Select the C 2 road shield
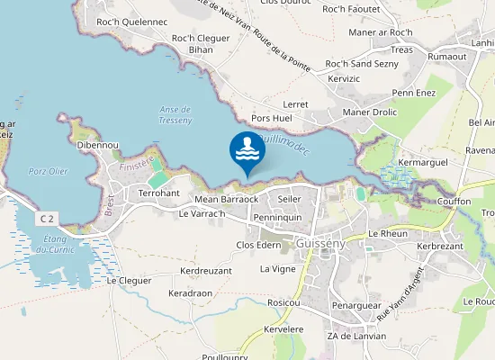pyautogui.click(x=48, y=219)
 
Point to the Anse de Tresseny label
pyautogui.click(x=175, y=114)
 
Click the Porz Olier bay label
pyautogui.click(x=48, y=171)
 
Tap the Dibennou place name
pyautogui.click(x=97, y=144)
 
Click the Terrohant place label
pyautogui.click(x=159, y=193)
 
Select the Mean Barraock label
pyautogui.click(x=226, y=199)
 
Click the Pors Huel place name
pyautogui.click(x=272, y=118)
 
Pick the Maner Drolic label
pyautogui.click(x=369, y=112)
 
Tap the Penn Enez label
pyautogui.click(x=413, y=92)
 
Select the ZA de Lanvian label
pyautogui.click(x=356, y=336)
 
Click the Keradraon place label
pyautogui.click(x=190, y=293)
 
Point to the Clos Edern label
pyautogui.click(x=258, y=245)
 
